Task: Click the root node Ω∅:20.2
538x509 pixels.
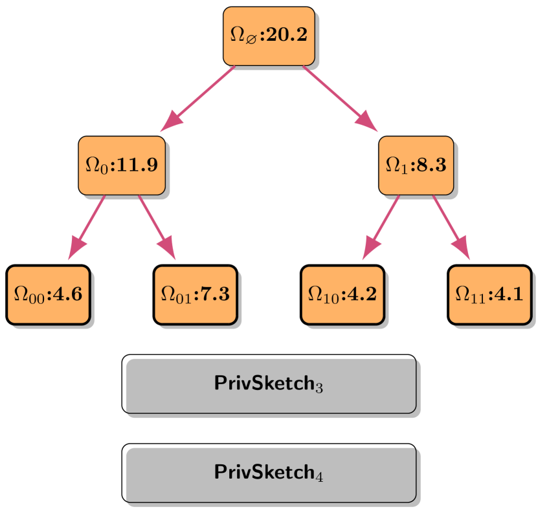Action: (x=269, y=36)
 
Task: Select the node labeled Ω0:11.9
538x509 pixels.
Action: (x=122, y=165)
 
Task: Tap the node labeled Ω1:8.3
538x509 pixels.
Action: (x=416, y=165)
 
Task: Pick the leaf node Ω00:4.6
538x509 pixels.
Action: (x=48, y=294)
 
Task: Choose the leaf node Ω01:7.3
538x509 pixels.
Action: (x=195, y=294)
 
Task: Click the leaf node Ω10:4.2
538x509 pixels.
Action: (x=342, y=294)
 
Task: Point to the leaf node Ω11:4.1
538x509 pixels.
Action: (x=489, y=294)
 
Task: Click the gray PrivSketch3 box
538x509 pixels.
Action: (x=270, y=385)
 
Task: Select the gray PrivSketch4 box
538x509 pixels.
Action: (x=270, y=473)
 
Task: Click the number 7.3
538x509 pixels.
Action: (x=212, y=294)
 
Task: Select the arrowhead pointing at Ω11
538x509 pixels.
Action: (x=461, y=249)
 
